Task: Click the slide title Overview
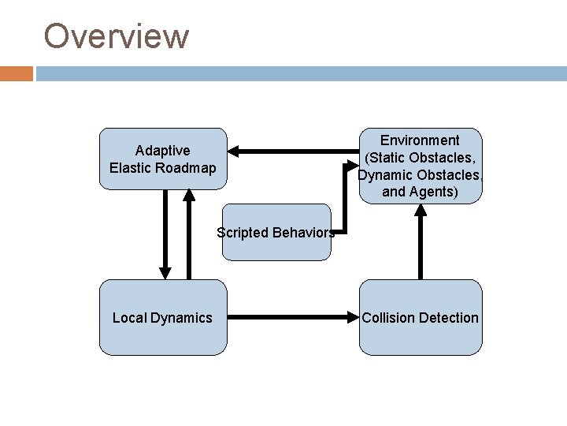click(x=117, y=35)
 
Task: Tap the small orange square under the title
click(x=17, y=73)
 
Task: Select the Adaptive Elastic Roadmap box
click(x=162, y=159)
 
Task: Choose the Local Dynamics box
click(x=162, y=317)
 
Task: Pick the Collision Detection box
click(x=421, y=317)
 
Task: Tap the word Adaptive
click(x=162, y=150)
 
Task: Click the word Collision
click(x=389, y=317)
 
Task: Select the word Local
click(x=129, y=317)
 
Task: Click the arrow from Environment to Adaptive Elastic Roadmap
click(x=291, y=150)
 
